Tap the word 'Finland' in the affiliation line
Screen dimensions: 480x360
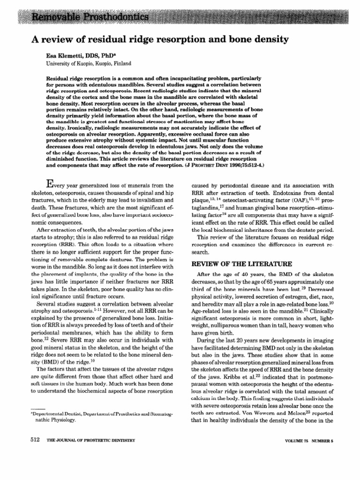121,63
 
